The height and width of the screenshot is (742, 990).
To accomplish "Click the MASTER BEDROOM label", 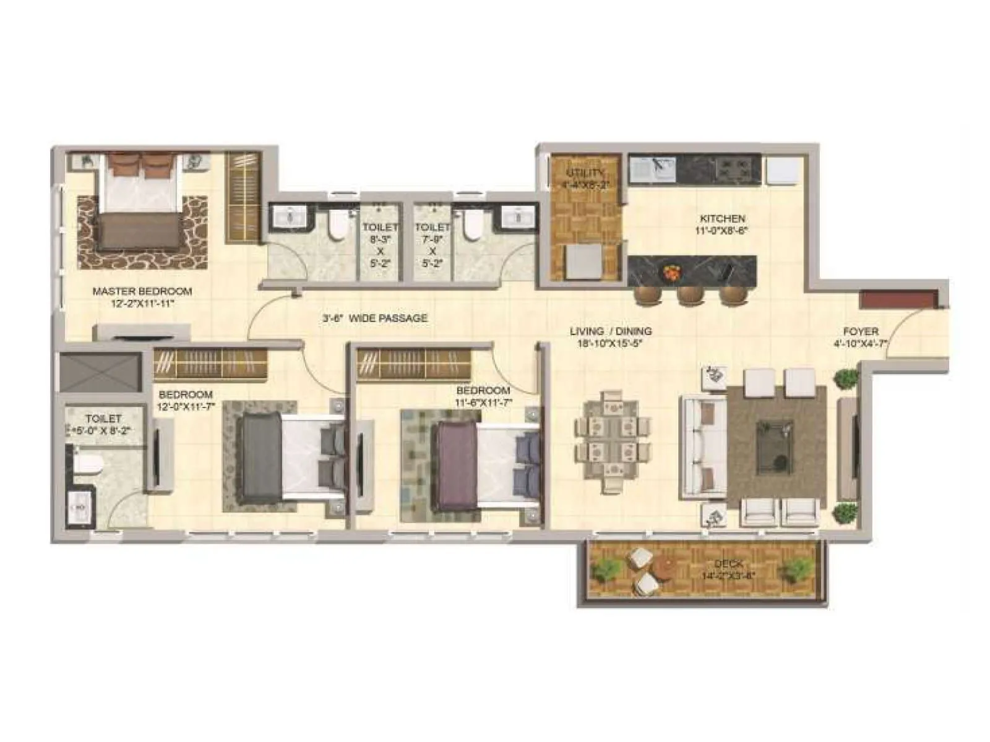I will (142, 291).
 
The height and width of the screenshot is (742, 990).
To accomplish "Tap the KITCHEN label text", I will (722, 218).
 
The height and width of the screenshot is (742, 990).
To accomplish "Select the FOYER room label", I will (860, 331).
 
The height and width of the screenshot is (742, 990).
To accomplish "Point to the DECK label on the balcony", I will (728, 564).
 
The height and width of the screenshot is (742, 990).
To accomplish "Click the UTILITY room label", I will (584, 173).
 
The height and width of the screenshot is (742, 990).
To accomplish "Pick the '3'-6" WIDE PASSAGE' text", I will (374, 318).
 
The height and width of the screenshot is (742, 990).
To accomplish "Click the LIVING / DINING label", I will (610, 331).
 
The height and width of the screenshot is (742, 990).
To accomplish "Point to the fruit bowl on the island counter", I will (671, 271).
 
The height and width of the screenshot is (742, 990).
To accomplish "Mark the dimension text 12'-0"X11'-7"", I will (185, 406).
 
